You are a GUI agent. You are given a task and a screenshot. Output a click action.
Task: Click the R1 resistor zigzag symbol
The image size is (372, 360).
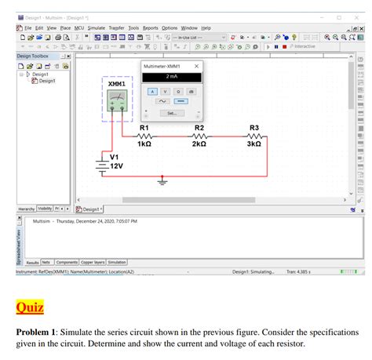144,135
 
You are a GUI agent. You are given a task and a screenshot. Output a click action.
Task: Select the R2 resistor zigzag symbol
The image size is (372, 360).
199,135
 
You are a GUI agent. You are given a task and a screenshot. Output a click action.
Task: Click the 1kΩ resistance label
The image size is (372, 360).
144,144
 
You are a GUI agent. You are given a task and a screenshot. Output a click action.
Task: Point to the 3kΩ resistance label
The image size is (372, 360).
253,144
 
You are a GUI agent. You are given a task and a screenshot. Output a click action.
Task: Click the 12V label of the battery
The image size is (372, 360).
116,166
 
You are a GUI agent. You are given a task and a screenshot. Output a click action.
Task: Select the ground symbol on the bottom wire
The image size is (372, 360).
162,181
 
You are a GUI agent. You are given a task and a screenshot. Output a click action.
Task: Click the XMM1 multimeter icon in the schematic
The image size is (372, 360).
118,99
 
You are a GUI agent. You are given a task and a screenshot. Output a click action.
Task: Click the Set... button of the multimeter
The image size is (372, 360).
171,113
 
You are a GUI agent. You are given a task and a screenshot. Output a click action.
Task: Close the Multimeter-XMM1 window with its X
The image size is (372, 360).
196,67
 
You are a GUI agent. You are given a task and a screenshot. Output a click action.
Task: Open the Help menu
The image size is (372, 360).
206,28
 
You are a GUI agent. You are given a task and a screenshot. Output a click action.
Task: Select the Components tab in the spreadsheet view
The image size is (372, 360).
67,262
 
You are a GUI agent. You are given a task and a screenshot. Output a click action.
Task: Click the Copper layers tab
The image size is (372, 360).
93,262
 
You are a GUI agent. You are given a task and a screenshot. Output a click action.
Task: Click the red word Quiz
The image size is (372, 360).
30,307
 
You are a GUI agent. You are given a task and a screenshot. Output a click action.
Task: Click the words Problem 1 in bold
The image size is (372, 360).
35,332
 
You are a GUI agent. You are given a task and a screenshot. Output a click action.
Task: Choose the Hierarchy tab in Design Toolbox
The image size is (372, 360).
26,209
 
